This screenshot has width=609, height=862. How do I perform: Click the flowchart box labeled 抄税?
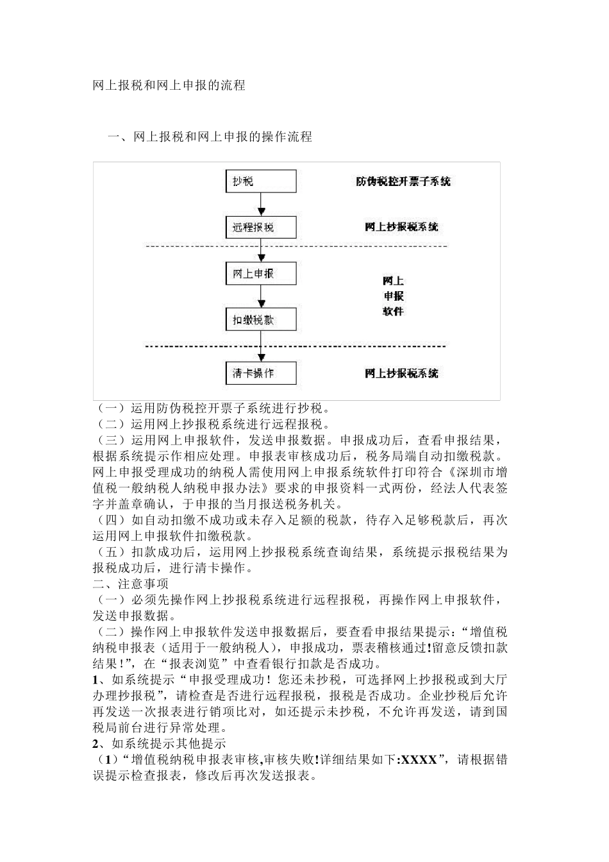click(261, 182)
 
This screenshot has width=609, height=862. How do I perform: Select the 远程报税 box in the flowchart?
click(261, 227)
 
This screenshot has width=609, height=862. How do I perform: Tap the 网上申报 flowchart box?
click(261, 273)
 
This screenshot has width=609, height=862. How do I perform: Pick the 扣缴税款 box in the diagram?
click(261, 319)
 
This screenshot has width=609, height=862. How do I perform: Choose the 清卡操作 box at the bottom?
click(261, 373)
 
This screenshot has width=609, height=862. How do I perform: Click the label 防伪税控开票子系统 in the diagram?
click(403, 182)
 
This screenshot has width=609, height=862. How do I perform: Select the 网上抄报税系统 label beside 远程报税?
click(402, 227)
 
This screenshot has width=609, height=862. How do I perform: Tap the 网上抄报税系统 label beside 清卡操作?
click(402, 373)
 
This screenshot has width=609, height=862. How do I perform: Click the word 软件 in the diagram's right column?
click(394, 312)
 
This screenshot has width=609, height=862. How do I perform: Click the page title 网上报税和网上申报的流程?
click(169, 85)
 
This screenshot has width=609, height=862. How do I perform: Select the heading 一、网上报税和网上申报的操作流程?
click(210, 137)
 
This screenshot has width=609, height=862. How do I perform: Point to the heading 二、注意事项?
click(131, 584)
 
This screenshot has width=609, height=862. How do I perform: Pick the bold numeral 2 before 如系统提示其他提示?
click(96, 744)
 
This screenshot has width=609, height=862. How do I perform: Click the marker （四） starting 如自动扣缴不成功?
click(110, 520)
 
